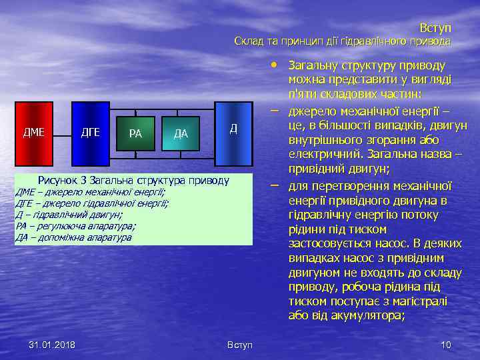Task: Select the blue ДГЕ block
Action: click(90, 132)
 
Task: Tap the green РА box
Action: click(135, 133)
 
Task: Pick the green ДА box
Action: click(181, 133)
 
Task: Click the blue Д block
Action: click(233, 132)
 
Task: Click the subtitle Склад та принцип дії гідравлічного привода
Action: click(342, 41)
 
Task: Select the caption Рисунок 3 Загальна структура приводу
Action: click(133, 180)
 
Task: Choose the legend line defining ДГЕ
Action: click(91, 203)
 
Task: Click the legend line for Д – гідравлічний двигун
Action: click(69, 215)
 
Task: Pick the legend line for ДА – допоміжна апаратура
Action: click(73, 237)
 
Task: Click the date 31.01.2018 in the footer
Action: click(52, 344)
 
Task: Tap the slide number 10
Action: click(446, 344)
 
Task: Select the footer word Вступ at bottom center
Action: click(240, 345)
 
